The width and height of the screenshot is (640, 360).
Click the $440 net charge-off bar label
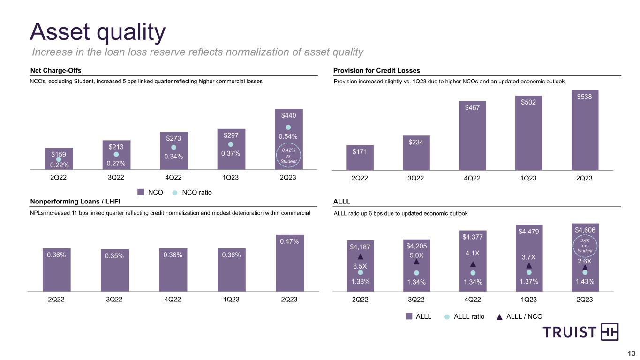click(x=288, y=115)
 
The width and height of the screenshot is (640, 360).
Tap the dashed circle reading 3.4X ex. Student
click(x=584, y=247)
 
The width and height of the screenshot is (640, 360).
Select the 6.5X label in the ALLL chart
click(x=360, y=266)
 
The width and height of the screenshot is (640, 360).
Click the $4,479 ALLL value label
click(x=528, y=231)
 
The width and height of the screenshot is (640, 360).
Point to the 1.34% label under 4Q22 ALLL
click(x=473, y=282)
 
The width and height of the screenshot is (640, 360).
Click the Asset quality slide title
click(x=98, y=32)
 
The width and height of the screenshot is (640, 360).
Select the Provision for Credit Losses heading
click(x=376, y=70)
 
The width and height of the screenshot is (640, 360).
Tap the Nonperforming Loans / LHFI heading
click(x=75, y=202)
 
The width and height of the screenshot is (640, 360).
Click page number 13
click(x=631, y=353)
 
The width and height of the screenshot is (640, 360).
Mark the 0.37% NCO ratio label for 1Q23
click(x=231, y=153)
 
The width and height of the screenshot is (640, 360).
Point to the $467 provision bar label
click(x=473, y=108)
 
